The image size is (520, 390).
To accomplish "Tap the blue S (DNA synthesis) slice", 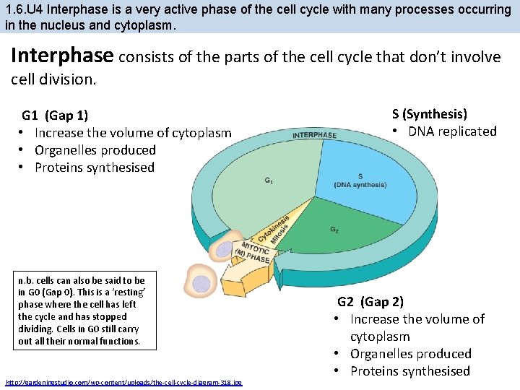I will tap(360, 179).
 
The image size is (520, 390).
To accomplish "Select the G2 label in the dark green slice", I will tap(334, 230).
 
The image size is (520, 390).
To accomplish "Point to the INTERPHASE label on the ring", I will tap(314, 135).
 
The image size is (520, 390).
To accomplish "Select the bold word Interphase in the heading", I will tap(61, 56).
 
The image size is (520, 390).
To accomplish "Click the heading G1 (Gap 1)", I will tap(55, 115).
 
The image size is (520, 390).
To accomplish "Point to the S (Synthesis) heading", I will tap(429, 113).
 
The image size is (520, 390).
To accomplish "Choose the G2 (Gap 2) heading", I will tap(370, 301).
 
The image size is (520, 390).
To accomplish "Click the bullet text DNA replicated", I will tap(452, 131).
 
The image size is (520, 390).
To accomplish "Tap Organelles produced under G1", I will tap(95, 149).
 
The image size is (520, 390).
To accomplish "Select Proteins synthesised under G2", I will tap(409, 370).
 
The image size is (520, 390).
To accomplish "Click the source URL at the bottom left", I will tap(123, 382).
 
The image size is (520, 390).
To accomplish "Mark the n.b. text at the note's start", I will tap(27, 280).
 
